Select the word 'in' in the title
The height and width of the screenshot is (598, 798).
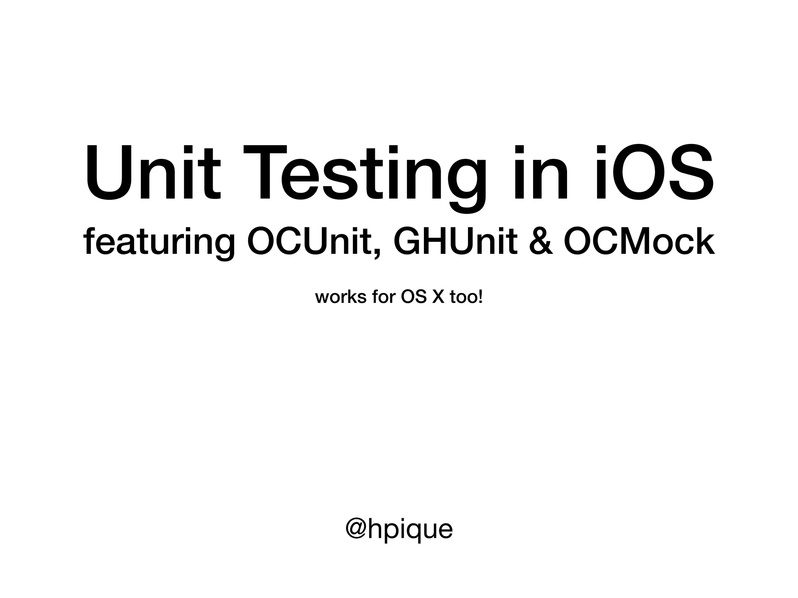point(542,173)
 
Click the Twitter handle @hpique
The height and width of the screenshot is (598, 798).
point(399,529)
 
